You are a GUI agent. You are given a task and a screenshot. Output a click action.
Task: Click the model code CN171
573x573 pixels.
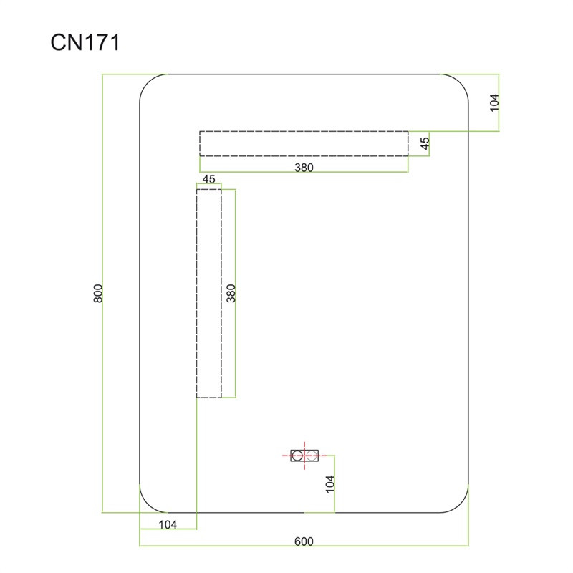tap(85, 42)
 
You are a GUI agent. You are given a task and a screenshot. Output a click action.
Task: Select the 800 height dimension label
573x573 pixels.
tap(98, 293)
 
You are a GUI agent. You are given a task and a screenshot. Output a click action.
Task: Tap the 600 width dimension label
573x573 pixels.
tap(304, 541)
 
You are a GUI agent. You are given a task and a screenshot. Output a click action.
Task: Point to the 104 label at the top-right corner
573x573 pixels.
tap(494, 102)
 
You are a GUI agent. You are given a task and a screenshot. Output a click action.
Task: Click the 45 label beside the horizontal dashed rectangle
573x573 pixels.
tap(425, 143)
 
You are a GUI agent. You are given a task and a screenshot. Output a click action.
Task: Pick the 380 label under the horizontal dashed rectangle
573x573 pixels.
tap(304, 168)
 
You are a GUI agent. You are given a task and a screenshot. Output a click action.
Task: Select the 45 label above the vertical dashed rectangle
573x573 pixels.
tap(208, 179)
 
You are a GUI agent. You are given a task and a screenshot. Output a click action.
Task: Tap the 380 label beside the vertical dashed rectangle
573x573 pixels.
tap(231, 293)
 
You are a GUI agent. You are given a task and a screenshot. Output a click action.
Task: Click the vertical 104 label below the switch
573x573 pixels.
tap(329, 484)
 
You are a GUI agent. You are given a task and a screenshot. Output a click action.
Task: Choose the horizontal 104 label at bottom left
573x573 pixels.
tap(168, 524)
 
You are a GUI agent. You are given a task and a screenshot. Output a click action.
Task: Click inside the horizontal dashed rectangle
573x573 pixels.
tap(304, 144)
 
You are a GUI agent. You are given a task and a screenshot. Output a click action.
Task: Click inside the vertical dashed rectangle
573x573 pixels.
tap(209, 293)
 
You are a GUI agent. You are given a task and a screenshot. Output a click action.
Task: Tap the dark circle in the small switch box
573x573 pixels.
tap(297, 456)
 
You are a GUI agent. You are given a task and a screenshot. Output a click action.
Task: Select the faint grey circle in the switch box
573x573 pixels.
tap(312, 456)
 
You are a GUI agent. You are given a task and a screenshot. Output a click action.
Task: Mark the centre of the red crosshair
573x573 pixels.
tap(304, 456)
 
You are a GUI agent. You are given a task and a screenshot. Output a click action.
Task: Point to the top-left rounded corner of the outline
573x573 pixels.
tap(148, 82)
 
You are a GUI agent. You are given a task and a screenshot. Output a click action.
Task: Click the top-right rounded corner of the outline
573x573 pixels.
tap(460, 82)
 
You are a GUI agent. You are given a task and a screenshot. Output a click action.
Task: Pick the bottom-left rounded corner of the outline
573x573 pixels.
tap(148, 504)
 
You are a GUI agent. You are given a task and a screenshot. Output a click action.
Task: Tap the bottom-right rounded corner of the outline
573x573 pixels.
tap(460, 504)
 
